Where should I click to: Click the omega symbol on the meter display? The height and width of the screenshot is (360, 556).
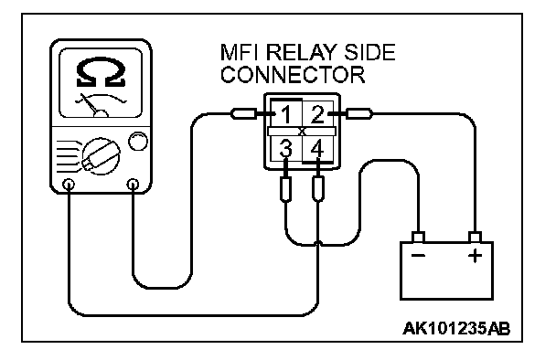coord(102,73)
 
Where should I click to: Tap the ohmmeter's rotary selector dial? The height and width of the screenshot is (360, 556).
coord(102,156)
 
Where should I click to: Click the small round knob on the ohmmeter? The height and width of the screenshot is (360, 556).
coord(137,142)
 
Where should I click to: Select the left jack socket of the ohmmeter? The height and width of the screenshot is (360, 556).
coord(69,185)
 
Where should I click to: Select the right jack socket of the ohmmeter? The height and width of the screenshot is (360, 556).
coord(133,185)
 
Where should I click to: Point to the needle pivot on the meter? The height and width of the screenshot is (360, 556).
coord(101,113)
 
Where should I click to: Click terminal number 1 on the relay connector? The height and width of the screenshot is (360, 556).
coord(286,115)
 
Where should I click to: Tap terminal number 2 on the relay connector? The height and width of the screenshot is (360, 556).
coord(317,114)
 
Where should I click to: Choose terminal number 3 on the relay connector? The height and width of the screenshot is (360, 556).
coord(286,148)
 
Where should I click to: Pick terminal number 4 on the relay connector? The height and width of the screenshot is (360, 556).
coord(317,148)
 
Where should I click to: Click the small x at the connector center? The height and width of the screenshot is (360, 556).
coord(302,132)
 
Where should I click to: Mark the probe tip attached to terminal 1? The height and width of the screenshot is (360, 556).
coord(243,113)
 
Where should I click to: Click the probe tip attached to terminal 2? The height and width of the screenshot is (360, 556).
coord(359,113)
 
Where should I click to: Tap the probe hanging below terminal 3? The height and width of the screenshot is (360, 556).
coord(286,189)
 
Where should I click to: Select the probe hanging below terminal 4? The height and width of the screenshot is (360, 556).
coord(317,189)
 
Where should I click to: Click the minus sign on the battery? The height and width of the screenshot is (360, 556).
coord(419,256)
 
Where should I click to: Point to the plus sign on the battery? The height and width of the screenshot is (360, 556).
coord(476,256)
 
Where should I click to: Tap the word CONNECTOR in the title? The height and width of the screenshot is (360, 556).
coord(293,74)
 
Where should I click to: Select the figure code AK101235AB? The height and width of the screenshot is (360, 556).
coord(456,328)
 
